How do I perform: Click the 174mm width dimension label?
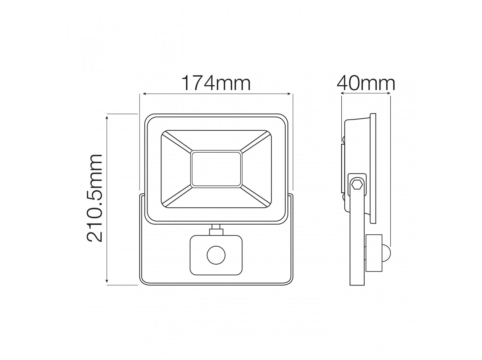pos(216,83)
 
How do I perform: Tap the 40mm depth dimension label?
pos(366,83)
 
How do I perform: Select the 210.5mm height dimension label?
pos(95,198)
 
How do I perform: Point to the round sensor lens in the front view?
pos(216,255)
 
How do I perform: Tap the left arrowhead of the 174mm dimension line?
pos(145,94)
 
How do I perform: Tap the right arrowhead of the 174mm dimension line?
pos(289,94)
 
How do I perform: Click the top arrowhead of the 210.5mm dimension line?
pos(107,118)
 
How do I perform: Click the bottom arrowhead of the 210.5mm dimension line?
pos(107,281)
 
